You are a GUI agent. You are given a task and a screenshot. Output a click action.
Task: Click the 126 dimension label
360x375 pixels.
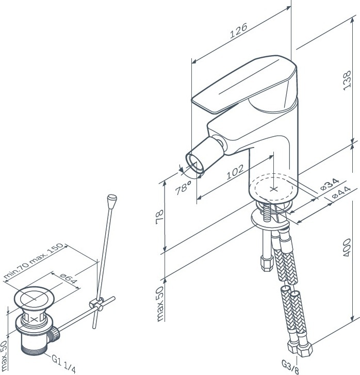pyautogui.click(x=238, y=30)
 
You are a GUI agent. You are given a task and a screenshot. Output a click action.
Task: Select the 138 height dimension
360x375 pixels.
pyautogui.click(x=347, y=80)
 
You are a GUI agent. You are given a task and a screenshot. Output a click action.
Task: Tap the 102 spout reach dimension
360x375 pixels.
pyautogui.click(x=235, y=172)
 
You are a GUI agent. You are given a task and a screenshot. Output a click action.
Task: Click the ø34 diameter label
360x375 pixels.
pyautogui.click(x=330, y=184)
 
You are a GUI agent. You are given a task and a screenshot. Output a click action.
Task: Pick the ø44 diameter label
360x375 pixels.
pyautogui.click(x=341, y=193)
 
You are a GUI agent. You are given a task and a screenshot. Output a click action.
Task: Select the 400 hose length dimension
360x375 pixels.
pyautogui.click(x=347, y=248)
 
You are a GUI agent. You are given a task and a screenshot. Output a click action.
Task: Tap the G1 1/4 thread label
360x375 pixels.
pyautogui.click(x=63, y=364)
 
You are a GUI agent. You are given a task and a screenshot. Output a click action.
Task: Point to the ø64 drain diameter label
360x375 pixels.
pyautogui.click(x=69, y=279)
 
